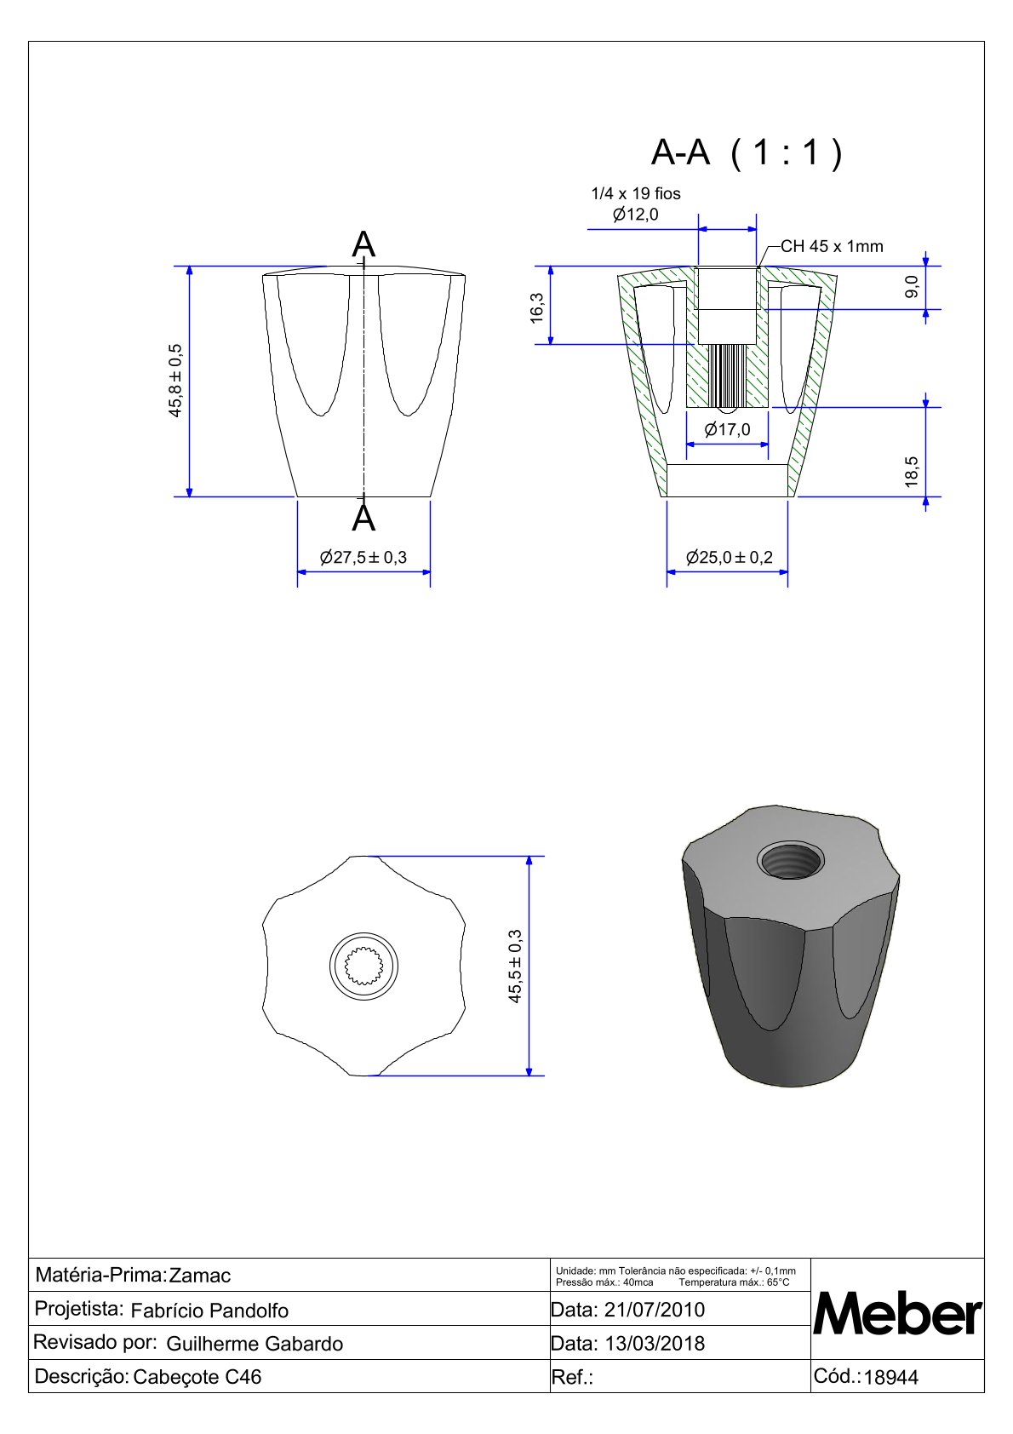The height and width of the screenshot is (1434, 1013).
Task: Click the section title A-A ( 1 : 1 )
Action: click(x=747, y=153)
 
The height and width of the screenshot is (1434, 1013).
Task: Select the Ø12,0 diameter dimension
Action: click(x=636, y=215)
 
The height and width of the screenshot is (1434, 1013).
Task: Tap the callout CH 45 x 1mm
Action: click(x=832, y=247)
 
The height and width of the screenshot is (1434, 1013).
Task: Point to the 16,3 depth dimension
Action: click(x=536, y=307)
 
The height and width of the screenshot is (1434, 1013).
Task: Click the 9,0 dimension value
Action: click(x=912, y=286)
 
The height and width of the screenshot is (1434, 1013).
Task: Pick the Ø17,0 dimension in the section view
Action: click(x=728, y=430)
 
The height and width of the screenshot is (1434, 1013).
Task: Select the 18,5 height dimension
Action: click(x=912, y=473)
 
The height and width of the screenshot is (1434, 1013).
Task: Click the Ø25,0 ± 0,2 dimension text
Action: click(x=730, y=558)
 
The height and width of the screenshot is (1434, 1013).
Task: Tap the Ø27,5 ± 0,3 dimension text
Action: click(x=363, y=558)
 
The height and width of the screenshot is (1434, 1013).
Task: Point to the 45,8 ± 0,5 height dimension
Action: click(x=175, y=381)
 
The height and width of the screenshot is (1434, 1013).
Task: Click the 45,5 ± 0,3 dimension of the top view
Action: click(x=516, y=967)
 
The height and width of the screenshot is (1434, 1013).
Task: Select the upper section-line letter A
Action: click(x=363, y=244)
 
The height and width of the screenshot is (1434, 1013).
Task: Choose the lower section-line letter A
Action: click(x=363, y=519)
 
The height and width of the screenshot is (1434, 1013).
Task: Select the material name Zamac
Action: click(x=200, y=1276)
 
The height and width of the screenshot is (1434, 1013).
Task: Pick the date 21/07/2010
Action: click(x=654, y=1310)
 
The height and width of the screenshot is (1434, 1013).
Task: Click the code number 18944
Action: click(x=891, y=1378)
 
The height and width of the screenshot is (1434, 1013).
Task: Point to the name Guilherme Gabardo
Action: click(x=255, y=1344)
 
